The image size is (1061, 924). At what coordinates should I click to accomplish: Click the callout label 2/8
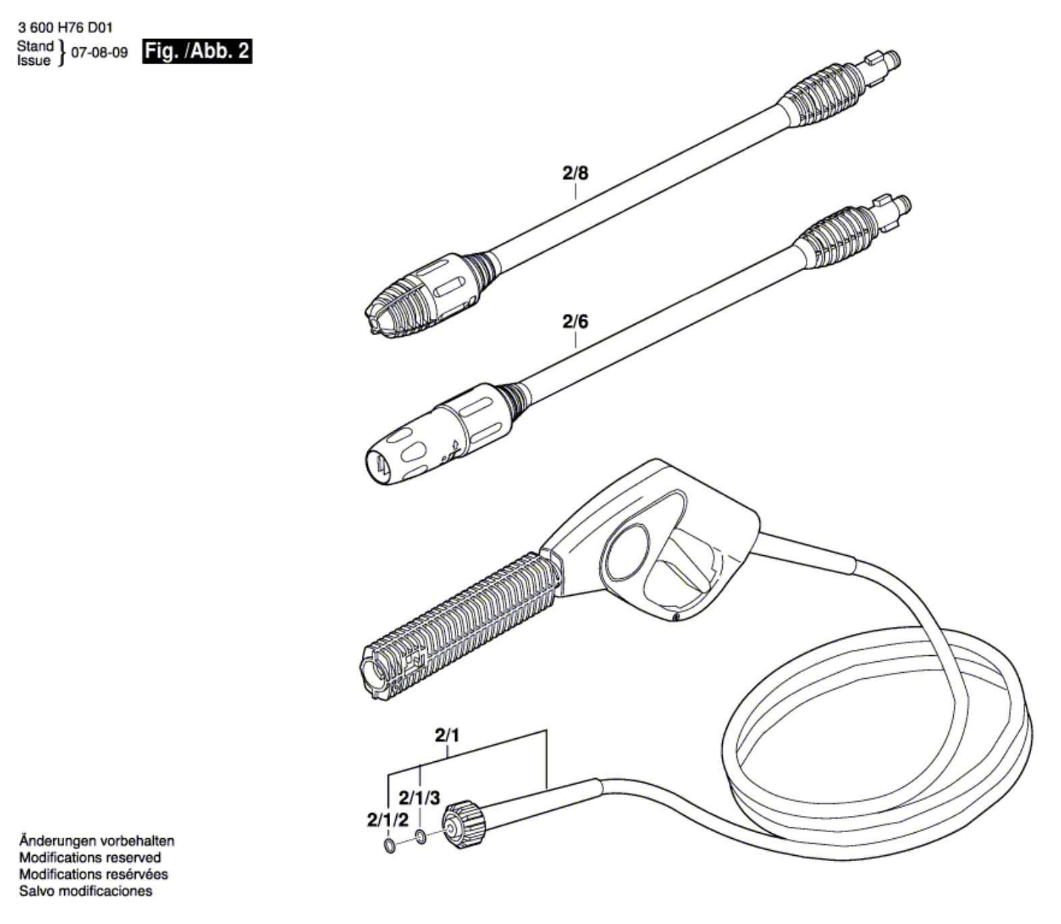(575, 174)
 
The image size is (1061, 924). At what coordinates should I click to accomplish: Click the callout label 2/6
(575, 322)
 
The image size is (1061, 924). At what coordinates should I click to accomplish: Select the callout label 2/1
(447, 736)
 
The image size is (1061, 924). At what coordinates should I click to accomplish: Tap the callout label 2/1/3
(419, 798)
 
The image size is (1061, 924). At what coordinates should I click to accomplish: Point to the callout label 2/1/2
(388, 821)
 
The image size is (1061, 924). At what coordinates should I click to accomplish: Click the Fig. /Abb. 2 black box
(196, 51)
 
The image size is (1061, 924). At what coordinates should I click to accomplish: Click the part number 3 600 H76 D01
(65, 28)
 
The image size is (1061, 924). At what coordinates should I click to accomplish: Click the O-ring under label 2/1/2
(389, 846)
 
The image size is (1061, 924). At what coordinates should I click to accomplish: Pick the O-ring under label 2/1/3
(420, 838)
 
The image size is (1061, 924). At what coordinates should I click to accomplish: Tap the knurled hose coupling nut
(465, 823)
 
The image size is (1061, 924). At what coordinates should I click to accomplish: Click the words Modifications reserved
(90, 858)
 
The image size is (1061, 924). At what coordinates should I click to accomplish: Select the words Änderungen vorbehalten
(97, 842)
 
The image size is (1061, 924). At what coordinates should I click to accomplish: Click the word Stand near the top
(35, 46)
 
